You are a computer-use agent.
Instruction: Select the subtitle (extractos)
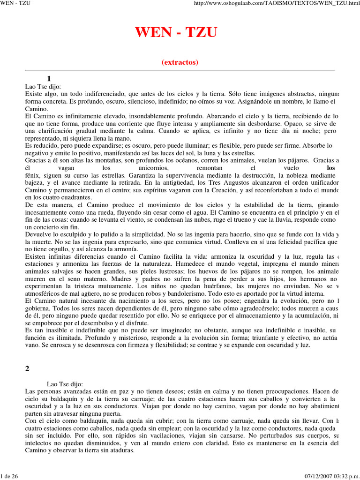pos(180,62)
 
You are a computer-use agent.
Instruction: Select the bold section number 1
pos(49,78)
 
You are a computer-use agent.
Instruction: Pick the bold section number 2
pos(27,368)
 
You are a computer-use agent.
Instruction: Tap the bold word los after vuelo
pos(331,167)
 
